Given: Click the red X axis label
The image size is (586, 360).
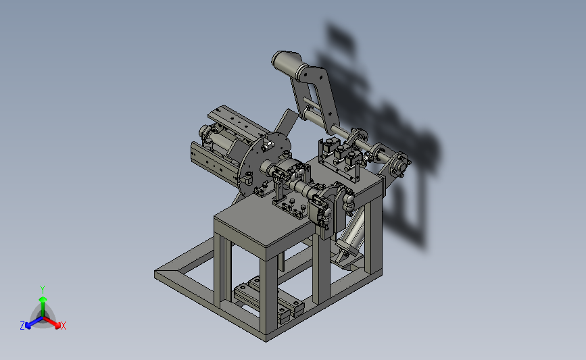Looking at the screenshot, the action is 63,326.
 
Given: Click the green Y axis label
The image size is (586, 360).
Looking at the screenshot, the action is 43,290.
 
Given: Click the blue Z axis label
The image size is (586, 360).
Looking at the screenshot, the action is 22,326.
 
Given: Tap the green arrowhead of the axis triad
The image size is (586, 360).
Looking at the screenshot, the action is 43,299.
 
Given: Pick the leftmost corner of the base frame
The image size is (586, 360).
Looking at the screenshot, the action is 155,274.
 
